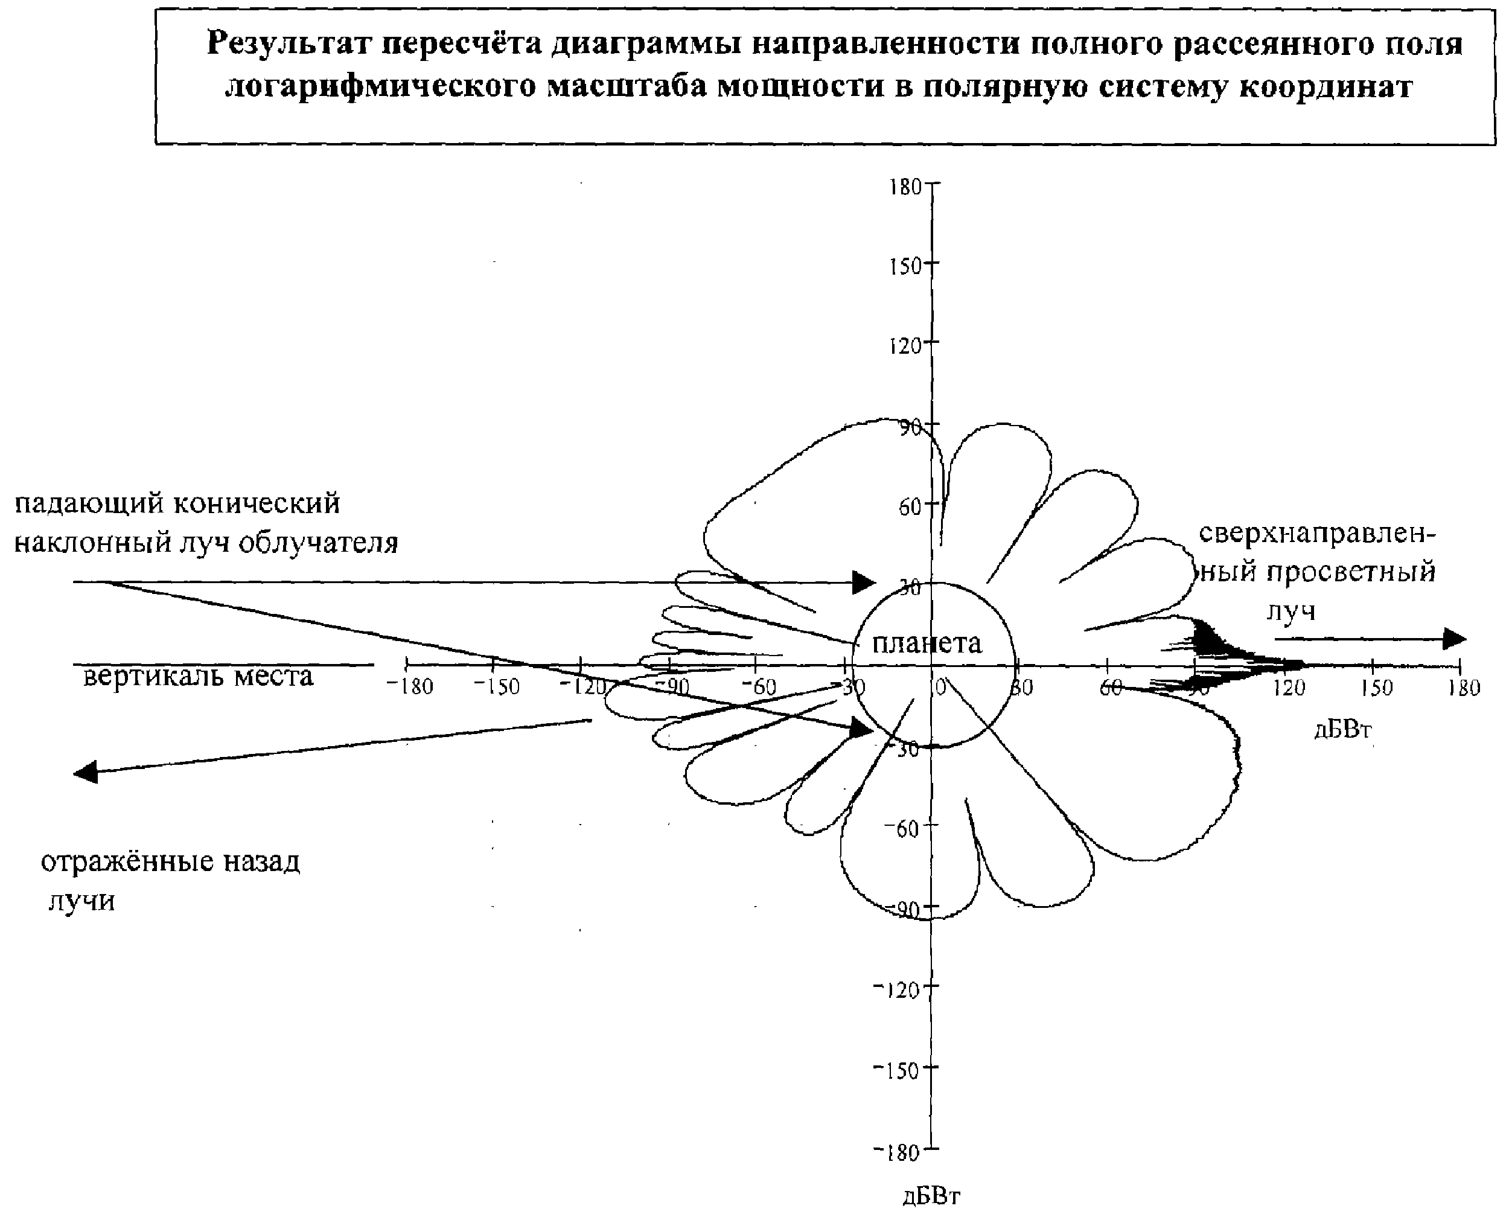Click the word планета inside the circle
[x=927, y=643]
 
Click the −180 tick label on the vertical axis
[x=897, y=1153]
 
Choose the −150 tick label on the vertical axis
[x=897, y=1071]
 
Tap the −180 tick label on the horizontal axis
[x=410, y=686]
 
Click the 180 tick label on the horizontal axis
[x=1464, y=687]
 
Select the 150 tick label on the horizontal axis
[x=1377, y=687]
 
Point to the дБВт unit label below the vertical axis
[x=931, y=1196]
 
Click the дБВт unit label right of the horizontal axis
[x=1342, y=730]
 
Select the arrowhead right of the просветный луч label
[x=1454, y=639]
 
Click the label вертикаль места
[x=198, y=677]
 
